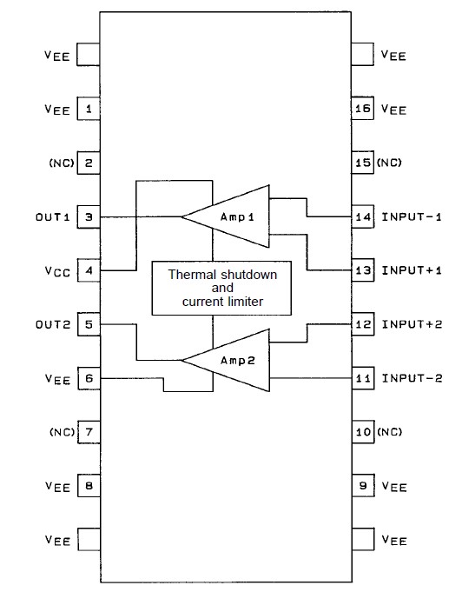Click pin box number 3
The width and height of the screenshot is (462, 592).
89,216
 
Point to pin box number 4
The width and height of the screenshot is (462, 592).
89,270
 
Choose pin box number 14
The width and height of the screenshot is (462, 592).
363,216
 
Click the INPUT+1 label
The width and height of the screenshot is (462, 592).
412,270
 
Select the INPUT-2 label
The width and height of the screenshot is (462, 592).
412,378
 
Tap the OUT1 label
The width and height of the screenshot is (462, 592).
52,216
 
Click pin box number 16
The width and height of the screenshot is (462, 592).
363,110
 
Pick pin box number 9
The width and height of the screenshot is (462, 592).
363,486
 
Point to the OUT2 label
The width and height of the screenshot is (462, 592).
52,324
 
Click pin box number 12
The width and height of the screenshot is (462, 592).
363,324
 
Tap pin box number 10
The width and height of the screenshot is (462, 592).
363,432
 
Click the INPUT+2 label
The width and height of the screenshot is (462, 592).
412,324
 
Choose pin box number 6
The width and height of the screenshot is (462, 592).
89,378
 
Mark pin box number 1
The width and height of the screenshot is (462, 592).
89,110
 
